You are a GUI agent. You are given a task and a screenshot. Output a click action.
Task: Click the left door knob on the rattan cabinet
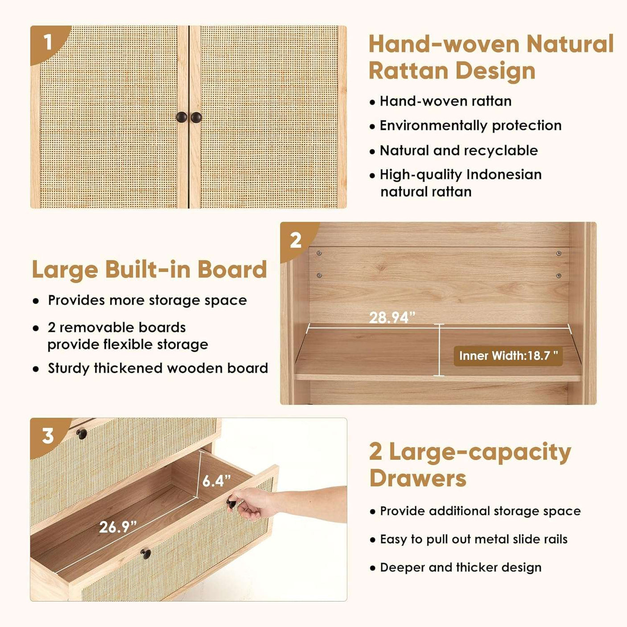click(181, 117)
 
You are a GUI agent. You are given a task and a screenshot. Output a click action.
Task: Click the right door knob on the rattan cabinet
click(196, 117)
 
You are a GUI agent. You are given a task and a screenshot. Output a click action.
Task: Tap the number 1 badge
click(49, 43)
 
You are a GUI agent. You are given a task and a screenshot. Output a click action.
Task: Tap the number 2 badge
click(296, 241)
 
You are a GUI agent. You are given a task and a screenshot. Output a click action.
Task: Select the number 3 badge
click(48, 436)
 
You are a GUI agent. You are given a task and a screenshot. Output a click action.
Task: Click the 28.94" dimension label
click(392, 318)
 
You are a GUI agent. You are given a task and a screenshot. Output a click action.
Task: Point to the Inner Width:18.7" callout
click(508, 355)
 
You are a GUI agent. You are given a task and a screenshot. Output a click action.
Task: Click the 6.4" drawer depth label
click(216, 481)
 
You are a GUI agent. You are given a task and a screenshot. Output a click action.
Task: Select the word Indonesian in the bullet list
click(504, 174)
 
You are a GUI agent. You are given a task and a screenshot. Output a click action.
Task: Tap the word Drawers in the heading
click(418, 478)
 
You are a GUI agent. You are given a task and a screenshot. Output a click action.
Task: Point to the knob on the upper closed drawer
click(81, 433)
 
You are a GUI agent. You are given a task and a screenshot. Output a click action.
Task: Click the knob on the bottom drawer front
click(145, 554)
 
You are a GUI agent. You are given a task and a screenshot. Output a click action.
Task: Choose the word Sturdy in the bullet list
click(69, 369)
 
